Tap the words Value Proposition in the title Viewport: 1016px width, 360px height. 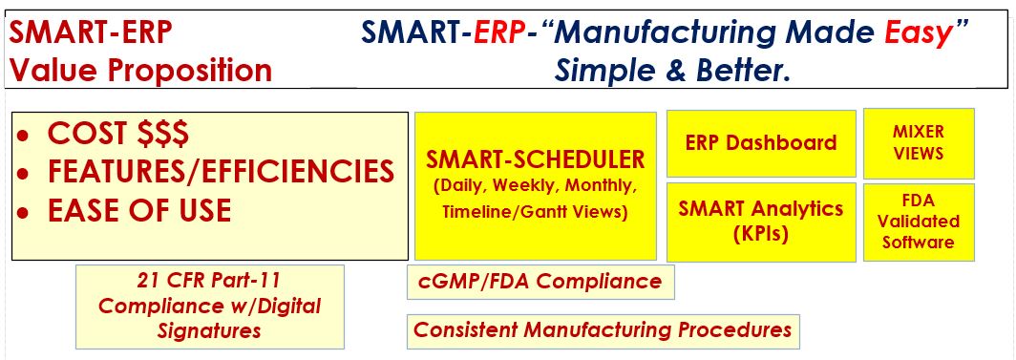pos(141,70)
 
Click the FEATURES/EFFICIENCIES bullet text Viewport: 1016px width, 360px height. pos(221,171)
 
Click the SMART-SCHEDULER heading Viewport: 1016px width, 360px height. pos(536,159)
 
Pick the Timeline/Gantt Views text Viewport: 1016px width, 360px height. pos(535,212)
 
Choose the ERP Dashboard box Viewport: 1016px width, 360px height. pos(761,143)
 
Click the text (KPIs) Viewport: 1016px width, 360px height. pos(761,233)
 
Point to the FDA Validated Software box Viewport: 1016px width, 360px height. pos(919,222)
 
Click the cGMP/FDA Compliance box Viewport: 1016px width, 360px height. pos(540,282)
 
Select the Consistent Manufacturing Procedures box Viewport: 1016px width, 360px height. pos(603,330)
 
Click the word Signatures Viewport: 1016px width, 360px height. pos(210,331)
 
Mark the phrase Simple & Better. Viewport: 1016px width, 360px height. pos(674,70)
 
